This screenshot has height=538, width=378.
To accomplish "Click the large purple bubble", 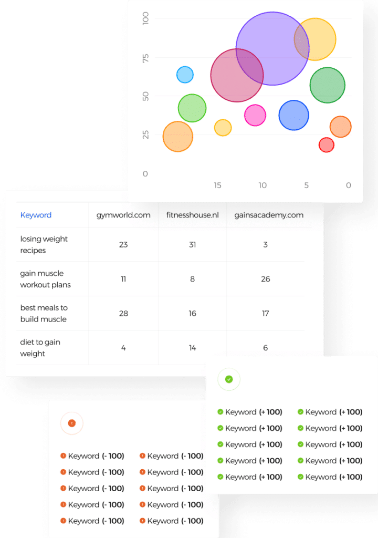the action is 272,48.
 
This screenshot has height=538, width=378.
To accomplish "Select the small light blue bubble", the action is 185,75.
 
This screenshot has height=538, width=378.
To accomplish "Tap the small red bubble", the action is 326,145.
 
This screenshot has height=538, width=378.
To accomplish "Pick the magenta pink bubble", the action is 255,115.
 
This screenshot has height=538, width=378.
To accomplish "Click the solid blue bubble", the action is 293,115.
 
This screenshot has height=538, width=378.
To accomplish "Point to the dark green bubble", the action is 327,85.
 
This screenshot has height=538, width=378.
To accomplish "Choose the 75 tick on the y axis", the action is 146,58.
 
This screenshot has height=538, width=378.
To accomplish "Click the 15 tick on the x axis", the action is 217,185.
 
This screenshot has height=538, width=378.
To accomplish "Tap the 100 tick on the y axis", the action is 146,18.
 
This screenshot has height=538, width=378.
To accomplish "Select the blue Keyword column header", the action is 36,215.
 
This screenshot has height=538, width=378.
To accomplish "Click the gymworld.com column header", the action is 123,215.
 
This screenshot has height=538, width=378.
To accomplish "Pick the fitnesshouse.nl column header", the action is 193,215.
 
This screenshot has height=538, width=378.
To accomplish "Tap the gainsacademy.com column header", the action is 269,215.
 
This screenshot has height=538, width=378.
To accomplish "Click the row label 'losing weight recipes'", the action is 44,244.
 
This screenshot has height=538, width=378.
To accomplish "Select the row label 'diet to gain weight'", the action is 40,348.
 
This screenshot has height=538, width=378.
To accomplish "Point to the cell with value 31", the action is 193,245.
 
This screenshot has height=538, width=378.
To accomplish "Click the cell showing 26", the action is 266,279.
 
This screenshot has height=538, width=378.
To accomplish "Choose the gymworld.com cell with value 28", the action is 123,313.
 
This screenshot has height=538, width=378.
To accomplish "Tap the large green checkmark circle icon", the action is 229,379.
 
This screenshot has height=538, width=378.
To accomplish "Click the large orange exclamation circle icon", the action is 72,423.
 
